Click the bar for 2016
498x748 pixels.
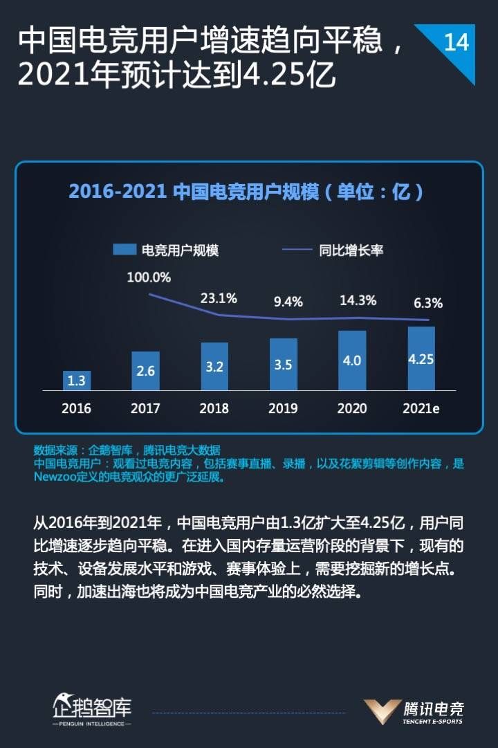click(76, 381)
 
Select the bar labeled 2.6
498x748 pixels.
click(145, 371)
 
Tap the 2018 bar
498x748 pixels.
click(214, 366)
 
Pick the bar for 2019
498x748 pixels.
click(283, 364)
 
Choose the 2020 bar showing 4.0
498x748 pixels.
click(352, 361)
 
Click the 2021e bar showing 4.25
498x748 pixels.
click(421, 358)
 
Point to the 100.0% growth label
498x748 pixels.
click(148, 277)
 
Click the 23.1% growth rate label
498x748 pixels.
click(219, 298)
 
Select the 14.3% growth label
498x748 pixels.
click(358, 300)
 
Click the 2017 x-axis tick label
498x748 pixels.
click(145, 408)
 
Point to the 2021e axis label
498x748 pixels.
click(421, 408)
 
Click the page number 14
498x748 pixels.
click(456, 43)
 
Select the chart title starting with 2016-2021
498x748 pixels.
click(246, 191)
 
